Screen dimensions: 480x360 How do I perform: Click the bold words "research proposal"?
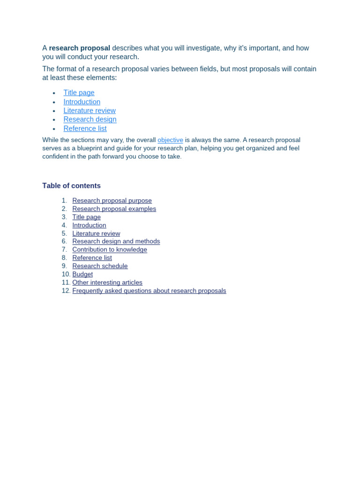coord(79,48)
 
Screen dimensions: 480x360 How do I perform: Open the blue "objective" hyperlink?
coord(170,140)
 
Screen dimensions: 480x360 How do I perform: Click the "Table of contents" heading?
coord(71,186)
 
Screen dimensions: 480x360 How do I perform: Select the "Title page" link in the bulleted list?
coord(79,93)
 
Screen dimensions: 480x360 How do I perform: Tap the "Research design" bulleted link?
coord(90,120)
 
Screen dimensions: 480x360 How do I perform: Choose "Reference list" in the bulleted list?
coord(85,128)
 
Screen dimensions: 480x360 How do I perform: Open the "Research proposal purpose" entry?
coord(112,201)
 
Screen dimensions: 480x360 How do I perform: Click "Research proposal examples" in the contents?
coord(114,209)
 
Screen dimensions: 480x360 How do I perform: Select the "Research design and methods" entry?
coord(116,241)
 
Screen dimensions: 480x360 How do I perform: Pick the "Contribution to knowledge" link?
coord(110,249)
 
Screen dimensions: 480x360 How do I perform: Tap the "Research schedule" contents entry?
coord(100,266)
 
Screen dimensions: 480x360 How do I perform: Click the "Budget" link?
coord(82,274)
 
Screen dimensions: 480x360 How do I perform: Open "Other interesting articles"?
coord(107,282)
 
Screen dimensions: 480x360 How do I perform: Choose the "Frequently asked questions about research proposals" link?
coord(149,291)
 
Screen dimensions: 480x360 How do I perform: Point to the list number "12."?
coord(66,291)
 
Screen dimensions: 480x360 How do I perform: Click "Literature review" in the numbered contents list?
coord(96,233)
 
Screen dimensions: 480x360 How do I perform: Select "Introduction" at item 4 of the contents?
coord(89,225)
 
